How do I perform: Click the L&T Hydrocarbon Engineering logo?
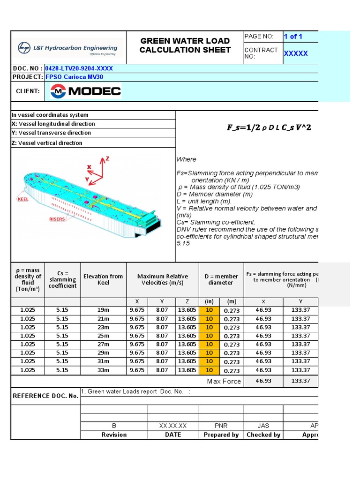tap(67, 48)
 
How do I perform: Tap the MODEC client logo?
tap(86, 91)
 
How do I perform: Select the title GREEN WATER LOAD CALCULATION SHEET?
tap(185, 45)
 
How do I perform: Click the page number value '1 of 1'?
tap(293, 37)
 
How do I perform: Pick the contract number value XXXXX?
tap(296, 53)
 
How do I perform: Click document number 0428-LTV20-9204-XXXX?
tap(79, 68)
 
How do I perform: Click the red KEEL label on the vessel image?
tap(22, 199)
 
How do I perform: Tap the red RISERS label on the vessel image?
tap(57, 219)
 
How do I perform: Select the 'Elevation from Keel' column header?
tap(103, 279)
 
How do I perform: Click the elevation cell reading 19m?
tap(103, 310)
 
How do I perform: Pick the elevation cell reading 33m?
tap(103, 370)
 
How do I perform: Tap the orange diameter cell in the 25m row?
tap(209, 336)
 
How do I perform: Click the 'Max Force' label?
tap(224, 381)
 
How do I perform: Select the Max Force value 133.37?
tap(300, 381)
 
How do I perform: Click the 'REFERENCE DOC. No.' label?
tap(45, 396)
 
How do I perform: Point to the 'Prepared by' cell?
tap(221, 435)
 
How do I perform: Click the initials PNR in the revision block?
tap(221, 426)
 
